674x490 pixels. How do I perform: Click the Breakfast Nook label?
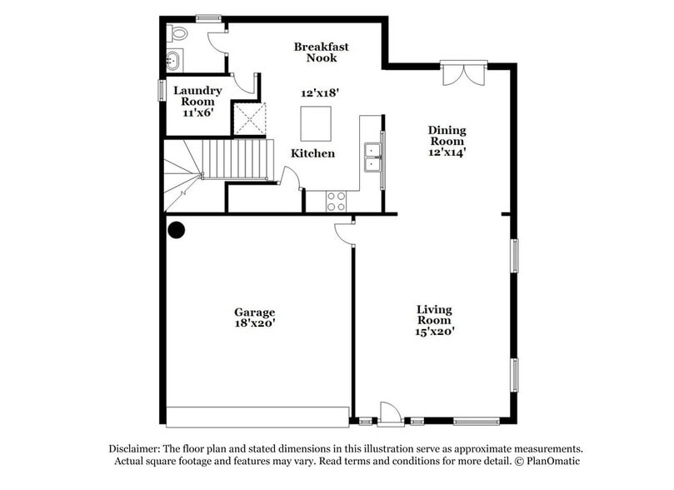pyautogui.click(x=321, y=52)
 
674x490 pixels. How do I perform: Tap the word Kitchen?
pyautogui.click(x=312, y=153)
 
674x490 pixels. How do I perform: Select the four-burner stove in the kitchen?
pyautogui.click(x=336, y=201)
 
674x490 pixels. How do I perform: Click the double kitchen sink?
pyautogui.click(x=372, y=156)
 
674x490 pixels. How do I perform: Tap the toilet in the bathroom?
pyautogui.click(x=177, y=33)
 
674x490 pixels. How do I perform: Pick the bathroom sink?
pyautogui.click(x=173, y=59)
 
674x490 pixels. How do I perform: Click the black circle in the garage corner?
pyautogui.click(x=176, y=229)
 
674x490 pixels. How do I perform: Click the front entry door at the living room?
pyautogui.click(x=390, y=414)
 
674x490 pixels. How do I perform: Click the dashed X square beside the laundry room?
pyautogui.click(x=249, y=117)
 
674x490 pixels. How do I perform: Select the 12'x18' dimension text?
pyautogui.click(x=320, y=93)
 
